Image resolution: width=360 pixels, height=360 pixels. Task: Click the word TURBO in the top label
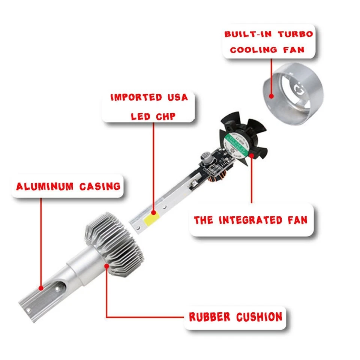[x=295, y=34]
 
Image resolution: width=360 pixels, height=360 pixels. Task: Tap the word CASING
[x=100, y=186]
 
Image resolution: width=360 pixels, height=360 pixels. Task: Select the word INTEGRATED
[x=250, y=220]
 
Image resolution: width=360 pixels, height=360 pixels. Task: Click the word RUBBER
[x=210, y=317]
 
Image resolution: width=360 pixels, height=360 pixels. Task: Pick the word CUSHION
[x=259, y=317]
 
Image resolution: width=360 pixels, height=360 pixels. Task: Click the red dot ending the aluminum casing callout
[x=41, y=288]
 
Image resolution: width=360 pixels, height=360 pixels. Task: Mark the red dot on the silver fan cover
[x=271, y=95]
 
